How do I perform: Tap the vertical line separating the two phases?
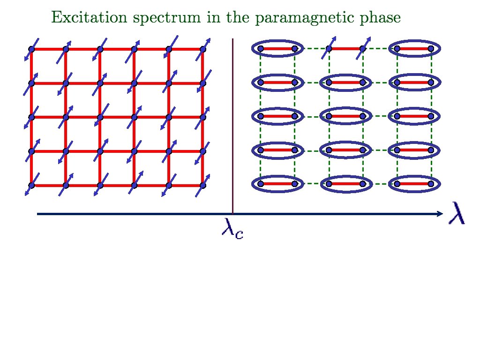233,127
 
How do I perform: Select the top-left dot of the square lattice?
31,49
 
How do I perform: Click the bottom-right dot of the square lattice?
203,186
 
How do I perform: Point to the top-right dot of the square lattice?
203,49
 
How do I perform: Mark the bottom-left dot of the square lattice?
31,186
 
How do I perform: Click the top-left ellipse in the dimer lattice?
277,48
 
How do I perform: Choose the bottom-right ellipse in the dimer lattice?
414,184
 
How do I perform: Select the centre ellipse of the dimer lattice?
345,116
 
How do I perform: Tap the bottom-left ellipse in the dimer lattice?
277,184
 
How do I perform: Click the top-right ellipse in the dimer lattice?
414,48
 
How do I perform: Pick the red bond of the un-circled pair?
345,48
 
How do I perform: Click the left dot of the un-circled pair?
329,48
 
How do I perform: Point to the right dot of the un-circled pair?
362,48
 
